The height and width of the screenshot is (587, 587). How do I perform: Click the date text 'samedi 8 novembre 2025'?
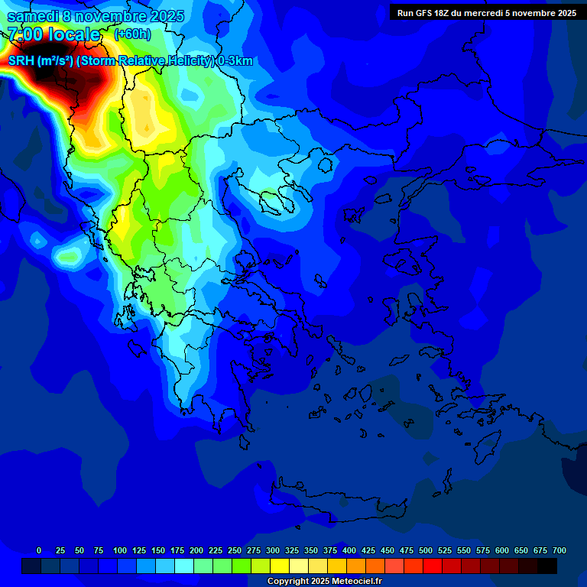[x=96, y=16]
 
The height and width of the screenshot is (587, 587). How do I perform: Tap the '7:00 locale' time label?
[x=54, y=34]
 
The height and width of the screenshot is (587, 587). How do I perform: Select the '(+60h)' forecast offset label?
[x=132, y=34]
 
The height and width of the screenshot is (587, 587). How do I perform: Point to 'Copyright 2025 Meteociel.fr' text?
[x=324, y=582]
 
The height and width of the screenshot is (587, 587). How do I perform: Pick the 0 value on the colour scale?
[x=39, y=550]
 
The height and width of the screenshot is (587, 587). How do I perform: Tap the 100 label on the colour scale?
[x=120, y=550]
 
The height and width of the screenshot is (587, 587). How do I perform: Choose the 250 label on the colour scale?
[x=235, y=550]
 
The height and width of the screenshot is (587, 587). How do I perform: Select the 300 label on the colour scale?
[x=273, y=550]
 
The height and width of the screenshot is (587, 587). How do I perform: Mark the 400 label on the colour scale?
[x=349, y=550]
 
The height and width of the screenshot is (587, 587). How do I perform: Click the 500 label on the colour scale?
[x=426, y=550]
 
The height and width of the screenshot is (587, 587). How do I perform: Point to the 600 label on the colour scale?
[x=502, y=550]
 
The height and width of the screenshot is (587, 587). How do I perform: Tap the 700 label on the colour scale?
[x=559, y=550]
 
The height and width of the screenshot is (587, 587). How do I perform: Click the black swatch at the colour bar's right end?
[x=547, y=566]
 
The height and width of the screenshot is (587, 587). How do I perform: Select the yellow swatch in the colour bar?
[x=280, y=566]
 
